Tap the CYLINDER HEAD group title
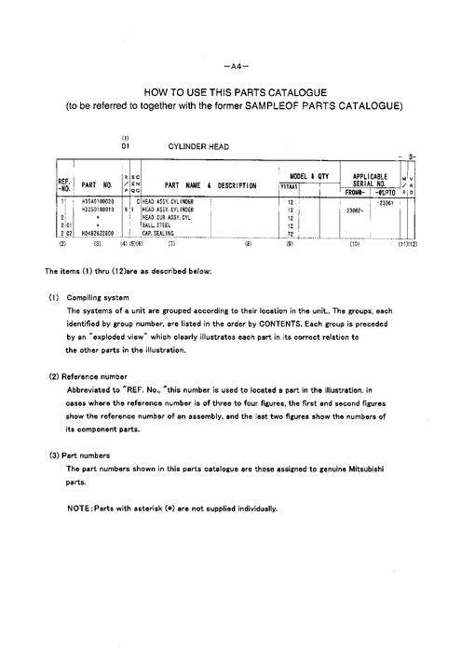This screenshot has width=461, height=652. (x=198, y=146)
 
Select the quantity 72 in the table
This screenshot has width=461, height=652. (x=291, y=233)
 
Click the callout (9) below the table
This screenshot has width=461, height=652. (x=291, y=244)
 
